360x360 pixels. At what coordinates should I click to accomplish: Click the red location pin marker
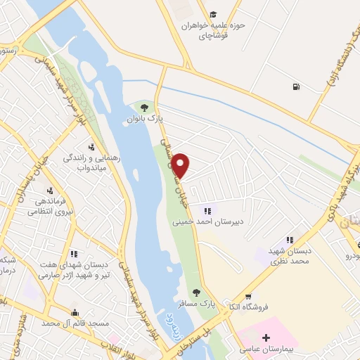point(181,166)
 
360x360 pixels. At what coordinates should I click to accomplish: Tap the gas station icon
point(293,86)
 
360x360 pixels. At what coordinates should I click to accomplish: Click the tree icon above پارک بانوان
point(144,108)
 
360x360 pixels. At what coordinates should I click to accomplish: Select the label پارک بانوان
point(145,120)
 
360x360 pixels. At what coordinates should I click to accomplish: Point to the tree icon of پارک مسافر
point(196,292)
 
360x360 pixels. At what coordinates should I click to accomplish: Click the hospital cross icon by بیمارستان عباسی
point(265,338)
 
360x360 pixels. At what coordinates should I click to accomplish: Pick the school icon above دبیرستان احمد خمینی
point(207,210)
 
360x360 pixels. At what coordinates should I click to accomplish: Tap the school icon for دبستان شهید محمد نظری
point(288,240)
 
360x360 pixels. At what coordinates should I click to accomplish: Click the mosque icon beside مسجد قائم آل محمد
point(75,311)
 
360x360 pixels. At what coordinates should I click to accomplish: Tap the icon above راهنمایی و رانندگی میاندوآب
point(91,147)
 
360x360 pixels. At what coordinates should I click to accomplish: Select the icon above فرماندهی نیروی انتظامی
point(49,191)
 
